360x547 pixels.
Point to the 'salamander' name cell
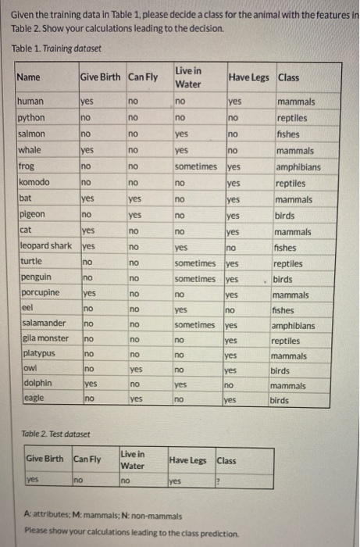(x=41, y=324)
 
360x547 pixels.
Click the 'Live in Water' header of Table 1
(x=187, y=77)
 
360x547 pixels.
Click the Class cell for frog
(x=298, y=166)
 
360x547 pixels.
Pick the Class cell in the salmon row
(x=290, y=134)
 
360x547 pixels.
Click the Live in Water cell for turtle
(x=195, y=263)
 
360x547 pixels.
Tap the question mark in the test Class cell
(x=220, y=480)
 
